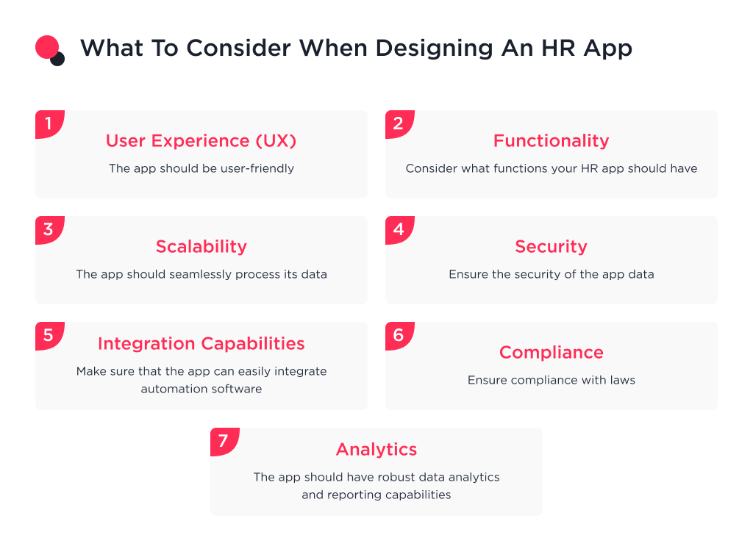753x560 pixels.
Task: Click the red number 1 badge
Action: [49, 123]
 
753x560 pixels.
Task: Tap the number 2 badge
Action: [399, 123]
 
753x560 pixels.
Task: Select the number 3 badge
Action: [49, 229]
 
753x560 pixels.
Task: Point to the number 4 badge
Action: [399, 229]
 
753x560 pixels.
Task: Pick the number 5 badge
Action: [49, 335]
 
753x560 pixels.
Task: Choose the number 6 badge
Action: [399, 335]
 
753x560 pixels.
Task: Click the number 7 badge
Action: [224, 441]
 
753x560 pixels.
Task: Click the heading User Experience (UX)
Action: [201, 140]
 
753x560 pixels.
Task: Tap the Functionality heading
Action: [551, 140]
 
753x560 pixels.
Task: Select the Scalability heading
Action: [201, 246]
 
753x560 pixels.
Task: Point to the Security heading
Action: [551, 246]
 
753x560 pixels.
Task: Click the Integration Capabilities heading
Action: [201, 343]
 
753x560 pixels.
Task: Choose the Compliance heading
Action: [551, 352]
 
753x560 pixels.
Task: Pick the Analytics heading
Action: [376, 449]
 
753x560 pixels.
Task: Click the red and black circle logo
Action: [50, 50]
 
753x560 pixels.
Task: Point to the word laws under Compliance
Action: [621, 380]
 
